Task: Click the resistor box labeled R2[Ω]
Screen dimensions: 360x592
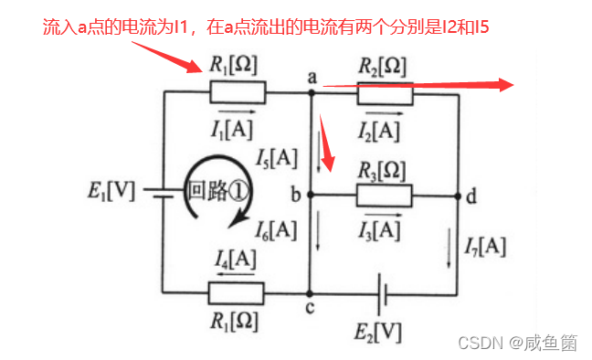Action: point(385,93)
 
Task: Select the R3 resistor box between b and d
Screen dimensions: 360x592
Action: point(385,195)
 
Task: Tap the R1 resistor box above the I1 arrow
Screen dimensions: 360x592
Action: point(238,93)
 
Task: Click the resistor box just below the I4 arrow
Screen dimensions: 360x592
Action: point(237,293)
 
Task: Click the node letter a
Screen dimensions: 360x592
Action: point(312,79)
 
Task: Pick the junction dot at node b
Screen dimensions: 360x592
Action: point(312,196)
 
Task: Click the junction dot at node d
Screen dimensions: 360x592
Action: point(457,196)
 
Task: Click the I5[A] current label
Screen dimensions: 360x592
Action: point(277,158)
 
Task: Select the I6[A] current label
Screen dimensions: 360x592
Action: point(277,229)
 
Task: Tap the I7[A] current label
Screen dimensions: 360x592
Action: point(484,245)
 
